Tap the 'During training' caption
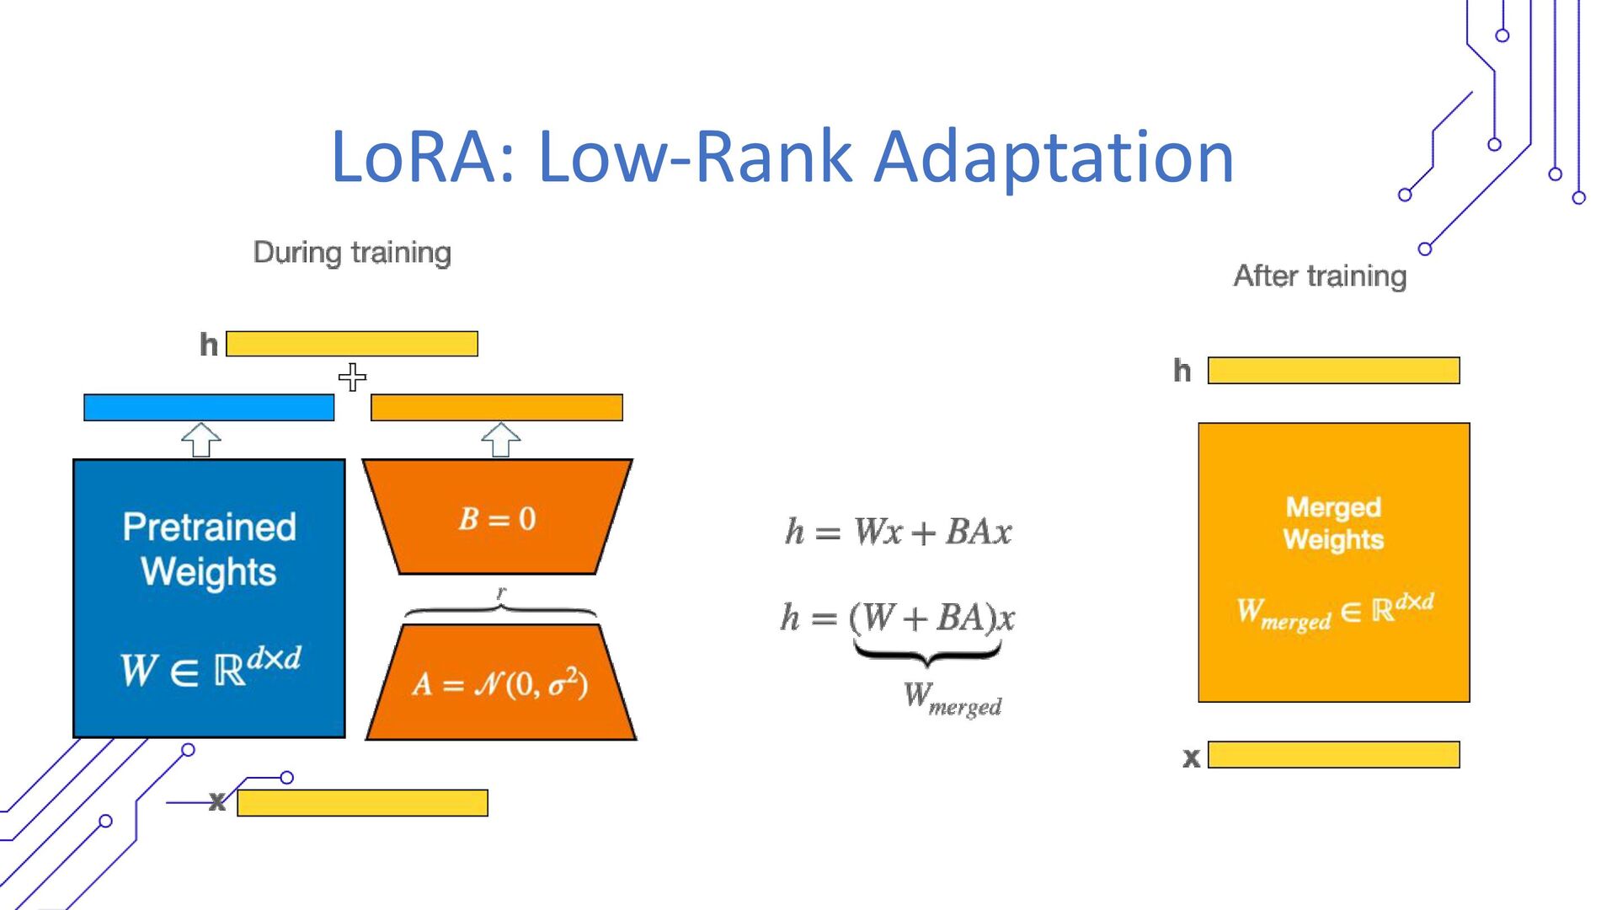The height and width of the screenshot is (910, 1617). [x=352, y=253]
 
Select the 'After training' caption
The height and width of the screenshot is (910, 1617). [x=1320, y=276]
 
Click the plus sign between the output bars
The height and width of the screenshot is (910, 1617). [x=352, y=377]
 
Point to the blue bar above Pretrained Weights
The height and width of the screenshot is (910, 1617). [x=209, y=408]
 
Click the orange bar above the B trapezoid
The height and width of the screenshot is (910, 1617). [x=497, y=408]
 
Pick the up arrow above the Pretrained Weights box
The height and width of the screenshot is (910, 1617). [x=201, y=440]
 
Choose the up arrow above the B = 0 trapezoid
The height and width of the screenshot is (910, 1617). [x=501, y=440]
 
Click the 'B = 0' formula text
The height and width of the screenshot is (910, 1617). [x=497, y=518]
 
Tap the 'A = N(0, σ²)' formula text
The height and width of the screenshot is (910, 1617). [x=500, y=683]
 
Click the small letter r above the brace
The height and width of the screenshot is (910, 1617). [x=501, y=593]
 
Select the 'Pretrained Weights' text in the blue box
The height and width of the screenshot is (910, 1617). [x=209, y=549]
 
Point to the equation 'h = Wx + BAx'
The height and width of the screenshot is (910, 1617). [x=899, y=533]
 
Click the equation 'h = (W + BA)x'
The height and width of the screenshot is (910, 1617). [x=898, y=618]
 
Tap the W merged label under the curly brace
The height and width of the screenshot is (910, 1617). [x=952, y=699]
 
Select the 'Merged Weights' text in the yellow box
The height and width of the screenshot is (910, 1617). [x=1333, y=523]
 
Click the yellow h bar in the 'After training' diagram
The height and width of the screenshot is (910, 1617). [x=1333, y=371]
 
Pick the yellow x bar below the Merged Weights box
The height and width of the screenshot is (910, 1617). [x=1333, y=755]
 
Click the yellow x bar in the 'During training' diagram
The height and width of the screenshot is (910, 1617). [x=362, y=803]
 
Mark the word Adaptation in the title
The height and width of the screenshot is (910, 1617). [x=1054, y=157]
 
